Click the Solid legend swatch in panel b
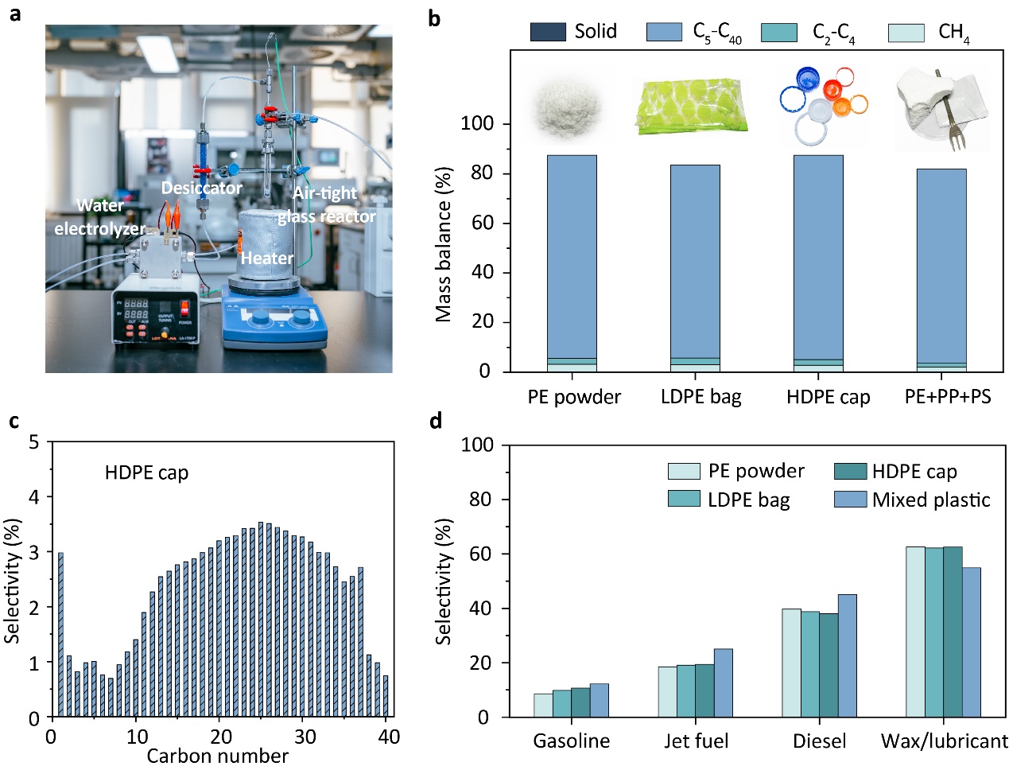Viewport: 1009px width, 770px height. click(547, 32)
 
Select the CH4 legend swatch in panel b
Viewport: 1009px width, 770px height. click(906, 33)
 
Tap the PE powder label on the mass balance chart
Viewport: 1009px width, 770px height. click(573, 396)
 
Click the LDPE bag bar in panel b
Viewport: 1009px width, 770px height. click(695, 262)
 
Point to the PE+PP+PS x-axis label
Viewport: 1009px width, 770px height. click(948, 396)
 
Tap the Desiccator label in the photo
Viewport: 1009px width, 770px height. click(201, 188)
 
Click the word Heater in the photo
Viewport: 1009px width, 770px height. click(266, 258)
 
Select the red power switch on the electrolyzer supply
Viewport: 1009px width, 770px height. click(186, 307)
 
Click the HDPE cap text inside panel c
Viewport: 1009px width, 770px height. click(146, 473)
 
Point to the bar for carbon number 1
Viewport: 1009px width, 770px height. click(60, 635)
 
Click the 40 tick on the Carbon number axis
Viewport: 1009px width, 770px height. click(389, 737)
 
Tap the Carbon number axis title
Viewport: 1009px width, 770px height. click(217, 756)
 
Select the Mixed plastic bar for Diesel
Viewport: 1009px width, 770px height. click(847, 655)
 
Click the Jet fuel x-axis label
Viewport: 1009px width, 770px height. click(697, 741)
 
